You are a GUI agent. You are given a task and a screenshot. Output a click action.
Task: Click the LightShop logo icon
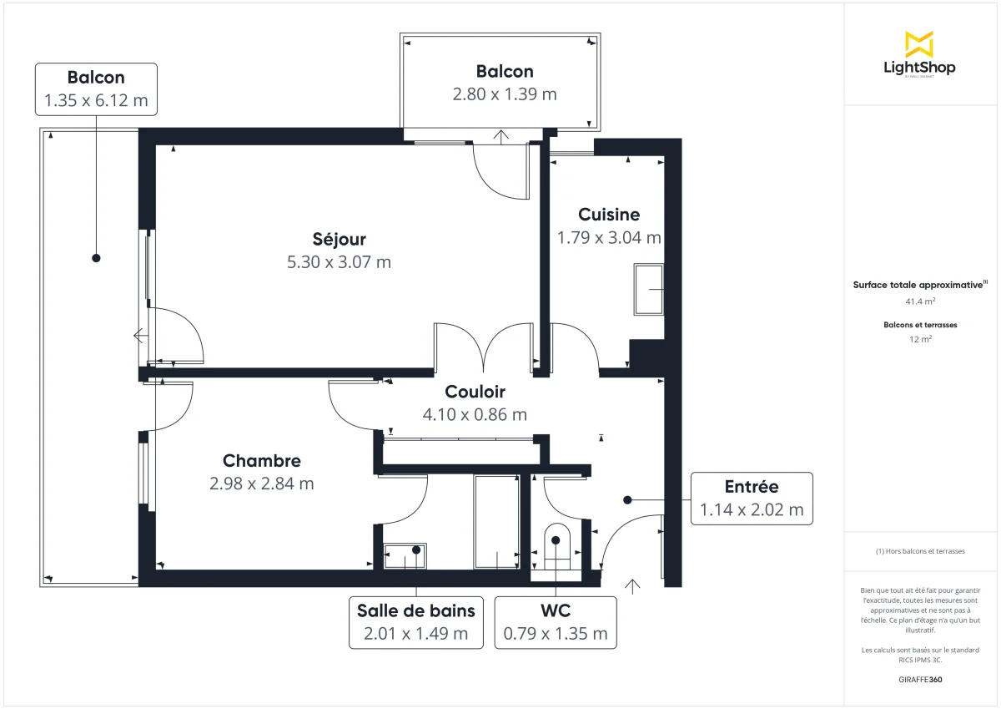918,44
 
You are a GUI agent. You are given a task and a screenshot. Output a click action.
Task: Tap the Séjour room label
339,240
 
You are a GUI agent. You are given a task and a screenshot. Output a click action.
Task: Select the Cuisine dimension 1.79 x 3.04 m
609,238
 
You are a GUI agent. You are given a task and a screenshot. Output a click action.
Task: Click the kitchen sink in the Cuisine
649,290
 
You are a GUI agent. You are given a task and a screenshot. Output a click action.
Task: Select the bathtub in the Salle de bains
496,522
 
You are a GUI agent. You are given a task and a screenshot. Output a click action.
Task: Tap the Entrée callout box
751,499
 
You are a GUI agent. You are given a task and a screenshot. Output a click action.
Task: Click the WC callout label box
555,622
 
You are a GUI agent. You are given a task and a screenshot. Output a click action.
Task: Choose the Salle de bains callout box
415,622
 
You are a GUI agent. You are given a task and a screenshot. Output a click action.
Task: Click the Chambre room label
261,461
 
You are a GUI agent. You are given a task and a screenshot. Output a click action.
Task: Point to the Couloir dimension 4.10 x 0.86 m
475,414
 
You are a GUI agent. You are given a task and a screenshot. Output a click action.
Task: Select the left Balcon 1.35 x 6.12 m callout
96,89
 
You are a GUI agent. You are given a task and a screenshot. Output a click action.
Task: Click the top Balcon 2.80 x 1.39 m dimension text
504,94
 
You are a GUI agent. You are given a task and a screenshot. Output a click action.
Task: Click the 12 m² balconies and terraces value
920,339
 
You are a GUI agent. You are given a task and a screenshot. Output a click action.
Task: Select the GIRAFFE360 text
920,680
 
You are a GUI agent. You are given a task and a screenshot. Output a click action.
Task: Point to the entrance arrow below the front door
632,586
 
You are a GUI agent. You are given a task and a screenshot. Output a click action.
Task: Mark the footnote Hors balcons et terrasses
920,552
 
